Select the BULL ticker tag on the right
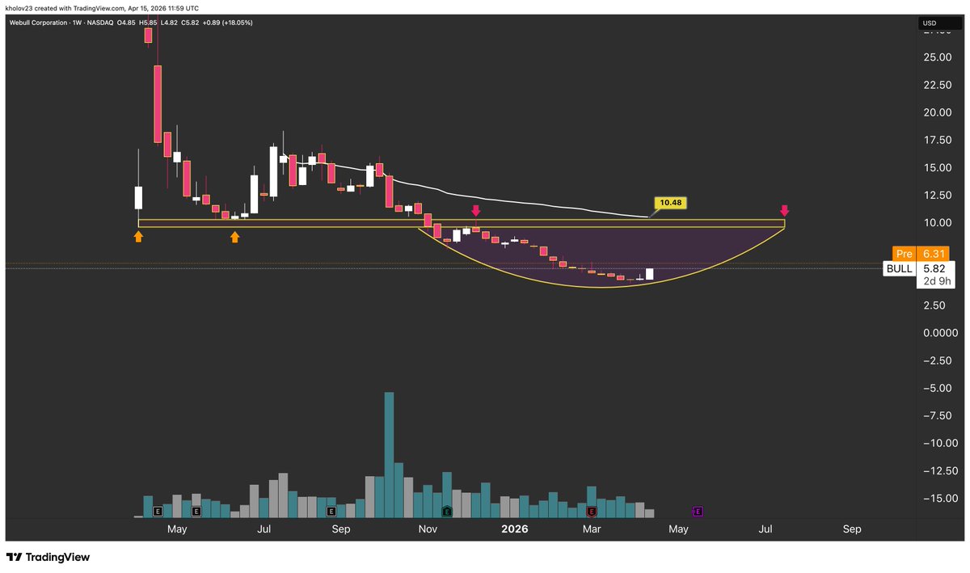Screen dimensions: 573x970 [x=900, y=268]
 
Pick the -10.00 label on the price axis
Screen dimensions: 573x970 [x=938, y=443]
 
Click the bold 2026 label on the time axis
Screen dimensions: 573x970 [x=514, y=529]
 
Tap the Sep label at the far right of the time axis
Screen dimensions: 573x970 [x=852, y=529]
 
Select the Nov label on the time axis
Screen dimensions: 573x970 [x=428, y=529]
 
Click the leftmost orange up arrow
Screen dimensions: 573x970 [x=138, y=236]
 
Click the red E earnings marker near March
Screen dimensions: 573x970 [x=592, y=512]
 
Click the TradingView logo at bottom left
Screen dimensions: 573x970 [x=48, y=558]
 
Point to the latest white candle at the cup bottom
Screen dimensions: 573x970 [x=649, y=274]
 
